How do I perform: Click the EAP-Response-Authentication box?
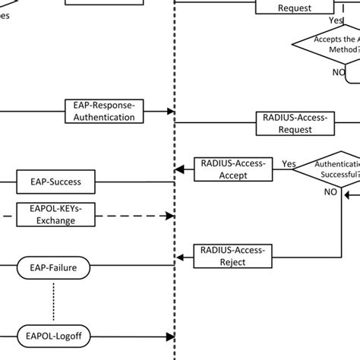(105, 112)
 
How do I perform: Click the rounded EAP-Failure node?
(54, 267)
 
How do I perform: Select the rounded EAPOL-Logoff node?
(53, 334)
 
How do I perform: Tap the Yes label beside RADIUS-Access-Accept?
(289, 163)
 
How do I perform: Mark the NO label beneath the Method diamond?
(338, 71)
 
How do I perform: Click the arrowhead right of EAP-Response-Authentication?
(170, 112)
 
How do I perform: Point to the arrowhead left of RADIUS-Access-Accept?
(179, 169)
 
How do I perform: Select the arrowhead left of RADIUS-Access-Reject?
(179, 255)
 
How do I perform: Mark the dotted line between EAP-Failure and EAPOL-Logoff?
(54, 301)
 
